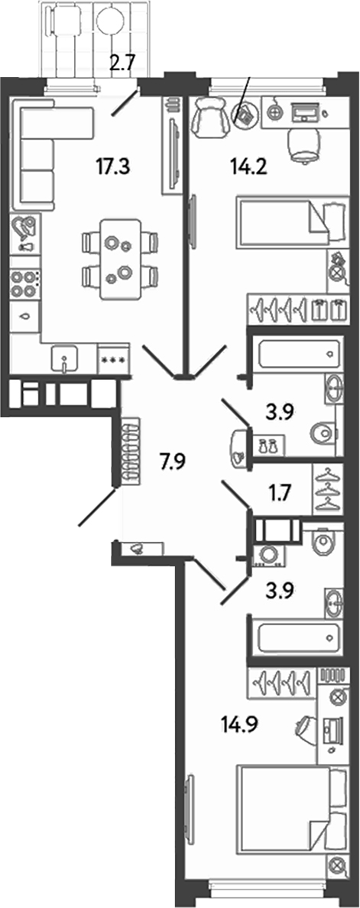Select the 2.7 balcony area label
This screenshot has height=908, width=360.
pos(122,62)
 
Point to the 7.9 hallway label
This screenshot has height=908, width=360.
pos(173,462)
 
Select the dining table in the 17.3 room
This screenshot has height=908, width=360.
pos(121,258)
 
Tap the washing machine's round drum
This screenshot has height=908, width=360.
pos(269,554)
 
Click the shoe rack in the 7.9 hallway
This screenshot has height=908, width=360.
pos(130,448)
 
